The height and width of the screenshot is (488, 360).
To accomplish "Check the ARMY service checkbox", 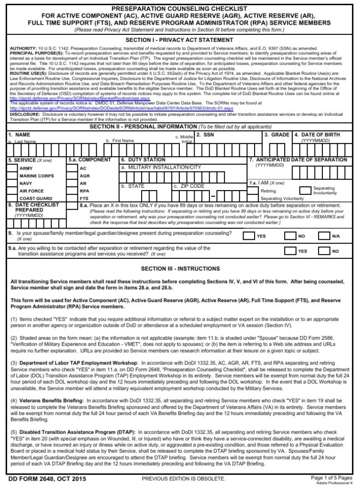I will pyautogui.click(x=13, y=168).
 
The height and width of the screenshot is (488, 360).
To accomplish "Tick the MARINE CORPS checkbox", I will pyautogui.click(x=13, y=176).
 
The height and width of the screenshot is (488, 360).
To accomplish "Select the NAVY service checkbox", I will pyautogui.click(x=13, y=183).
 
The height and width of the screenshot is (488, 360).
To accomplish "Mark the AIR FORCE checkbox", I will pyautogui.click(x=13, y=191).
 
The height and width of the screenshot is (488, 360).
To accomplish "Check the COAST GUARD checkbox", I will pyautogui.click(x=13, y=198).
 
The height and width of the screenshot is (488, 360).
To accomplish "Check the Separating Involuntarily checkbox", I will pyautogui.click(x=305, y=190).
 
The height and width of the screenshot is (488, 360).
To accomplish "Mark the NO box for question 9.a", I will pyautogui.click(x=325, y=251).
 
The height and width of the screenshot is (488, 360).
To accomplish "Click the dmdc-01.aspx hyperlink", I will pyautogui.click(x=119, y=108).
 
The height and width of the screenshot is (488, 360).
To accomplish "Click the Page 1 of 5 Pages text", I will pyautogui.click(x=331, y=477).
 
